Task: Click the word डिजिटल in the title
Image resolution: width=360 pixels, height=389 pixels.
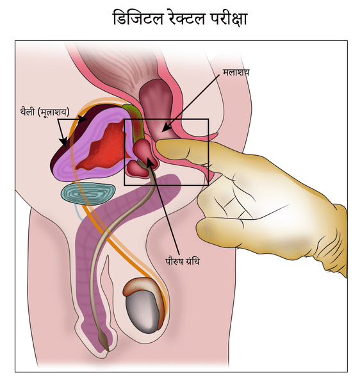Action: coord(138,18)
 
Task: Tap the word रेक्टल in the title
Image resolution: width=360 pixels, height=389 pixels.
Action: coord(187,18)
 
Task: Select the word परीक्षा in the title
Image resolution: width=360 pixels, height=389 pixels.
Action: coord(229,19)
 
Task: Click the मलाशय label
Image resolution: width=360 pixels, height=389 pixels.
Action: coord(236,72)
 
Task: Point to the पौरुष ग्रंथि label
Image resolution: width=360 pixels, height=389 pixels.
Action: coord(183,261)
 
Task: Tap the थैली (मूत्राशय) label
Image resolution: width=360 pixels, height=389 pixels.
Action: coord(45,112)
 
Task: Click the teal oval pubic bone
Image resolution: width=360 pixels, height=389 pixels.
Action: coord(88,194)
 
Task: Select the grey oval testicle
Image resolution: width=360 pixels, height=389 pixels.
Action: coord(142,311)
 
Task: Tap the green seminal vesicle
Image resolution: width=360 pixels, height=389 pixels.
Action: coord(136,122)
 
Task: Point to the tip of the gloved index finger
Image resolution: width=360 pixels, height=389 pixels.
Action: coord(158,145)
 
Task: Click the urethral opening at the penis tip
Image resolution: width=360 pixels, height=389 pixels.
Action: coord(107,350)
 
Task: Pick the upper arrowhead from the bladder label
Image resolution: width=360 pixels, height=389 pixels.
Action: coord(83,119)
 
